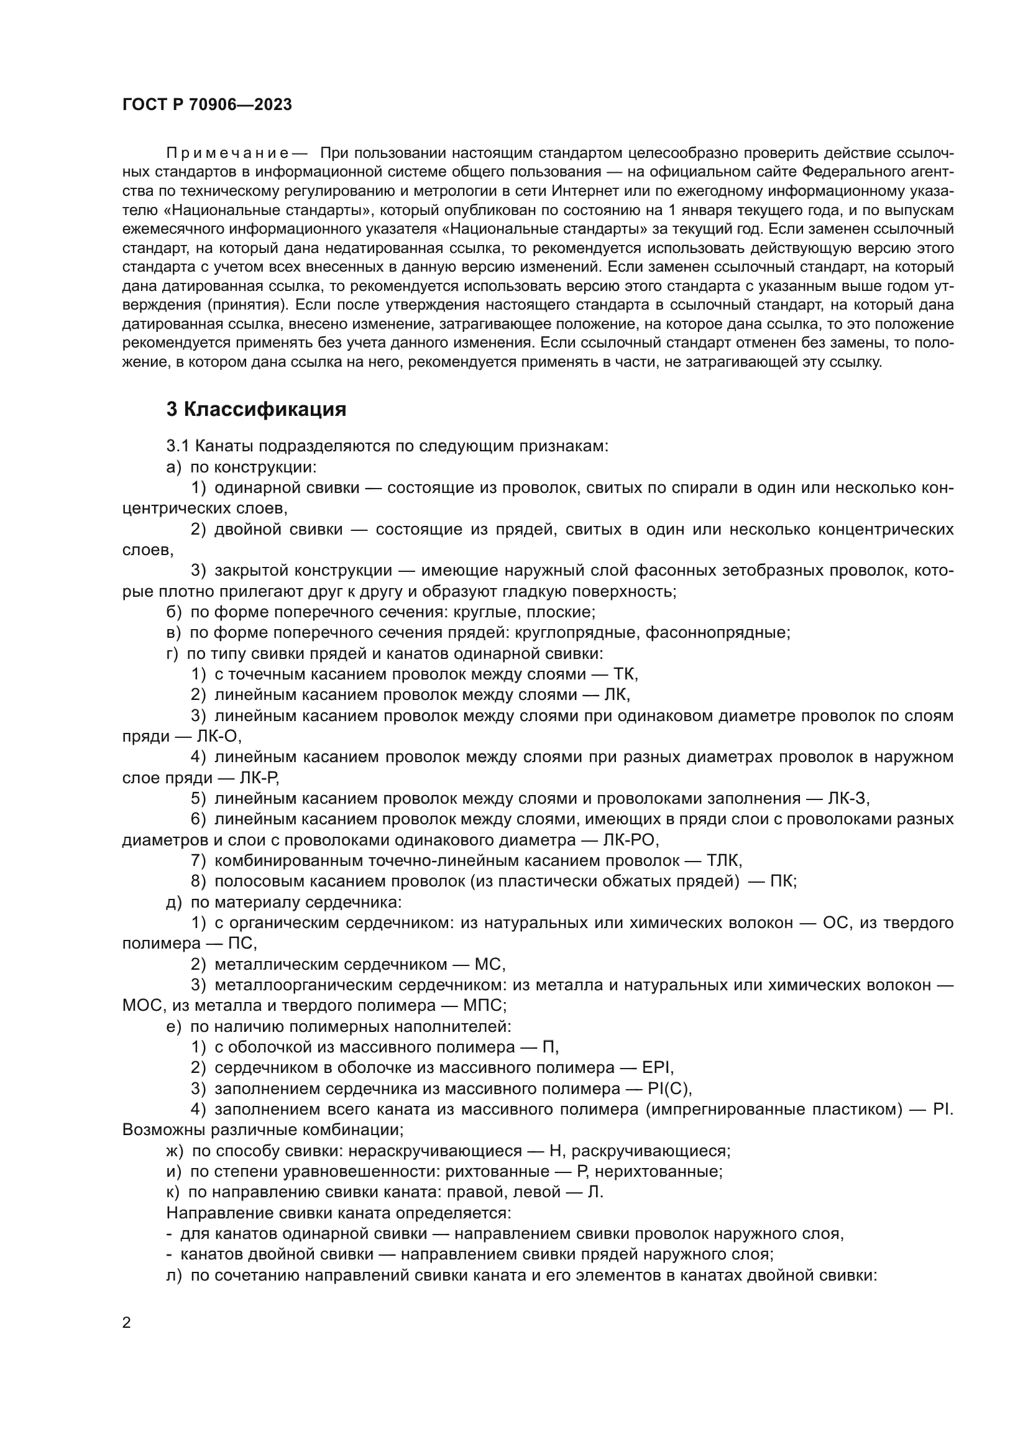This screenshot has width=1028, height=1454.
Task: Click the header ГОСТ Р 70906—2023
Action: [x=207, y=105]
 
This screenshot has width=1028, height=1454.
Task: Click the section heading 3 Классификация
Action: [x=256, y=410]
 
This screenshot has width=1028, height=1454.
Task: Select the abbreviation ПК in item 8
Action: [x=782, y=881]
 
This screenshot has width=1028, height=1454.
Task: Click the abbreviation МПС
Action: [x=484, y=1005]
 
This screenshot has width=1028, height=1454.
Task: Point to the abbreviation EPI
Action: [x=661, y=1067]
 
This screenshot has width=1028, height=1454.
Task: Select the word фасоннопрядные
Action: [x=717, y=632]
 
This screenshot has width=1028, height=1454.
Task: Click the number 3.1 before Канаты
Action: [x=178, y=446]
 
